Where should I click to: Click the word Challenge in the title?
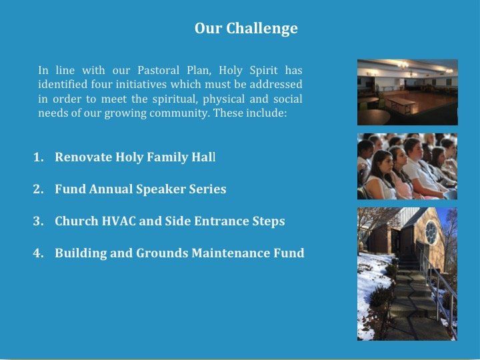(262, 29)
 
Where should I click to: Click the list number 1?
(38, 157)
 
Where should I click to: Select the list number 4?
(38, 253)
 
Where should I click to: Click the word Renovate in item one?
(83, 157)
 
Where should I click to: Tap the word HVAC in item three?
(119, 221)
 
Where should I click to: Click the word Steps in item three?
(269, 221)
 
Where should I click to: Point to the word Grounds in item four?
(162, 253)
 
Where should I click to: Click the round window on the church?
(431, 232)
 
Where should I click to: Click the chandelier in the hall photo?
(403, 65)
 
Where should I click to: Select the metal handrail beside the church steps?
(438, 281)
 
